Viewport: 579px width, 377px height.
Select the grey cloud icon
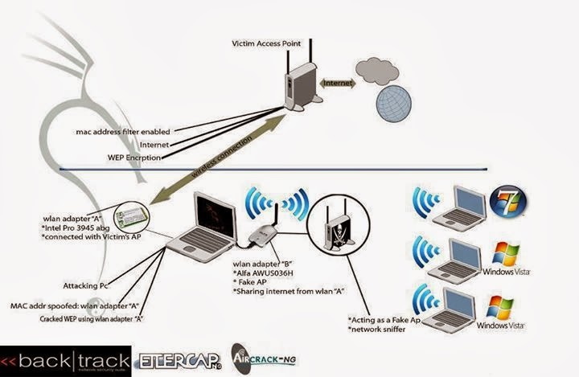point(379,70)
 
